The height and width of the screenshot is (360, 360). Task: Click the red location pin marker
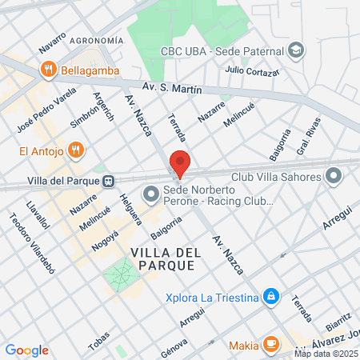180,164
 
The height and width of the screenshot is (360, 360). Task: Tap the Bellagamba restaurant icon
49,69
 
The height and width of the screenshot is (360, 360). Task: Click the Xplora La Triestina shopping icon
271,297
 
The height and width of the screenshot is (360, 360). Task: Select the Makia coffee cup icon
271,345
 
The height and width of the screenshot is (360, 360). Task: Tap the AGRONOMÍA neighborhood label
97,40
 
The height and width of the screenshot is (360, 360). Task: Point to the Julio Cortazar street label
252,71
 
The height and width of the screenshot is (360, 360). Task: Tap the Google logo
26,350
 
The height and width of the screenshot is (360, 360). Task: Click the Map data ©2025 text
325,354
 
